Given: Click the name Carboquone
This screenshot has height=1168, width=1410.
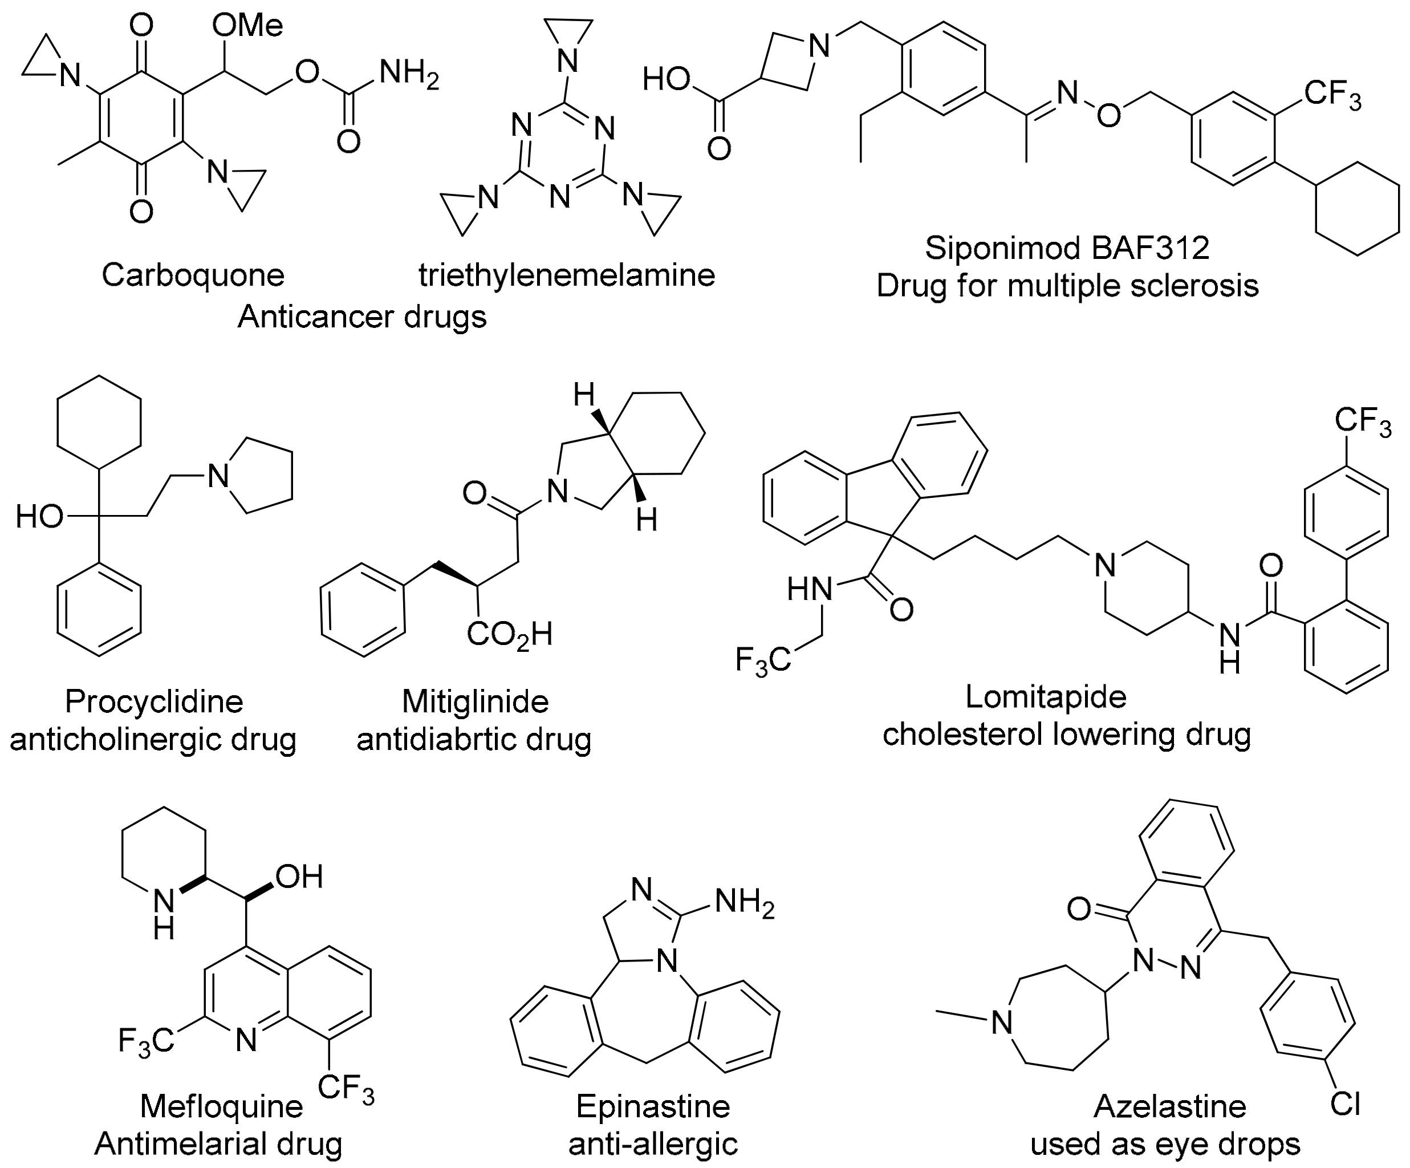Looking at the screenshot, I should coord(193,275).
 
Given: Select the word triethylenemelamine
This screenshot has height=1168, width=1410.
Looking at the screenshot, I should coord(567,275).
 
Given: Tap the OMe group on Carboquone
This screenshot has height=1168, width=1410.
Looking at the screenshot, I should coord(247,26).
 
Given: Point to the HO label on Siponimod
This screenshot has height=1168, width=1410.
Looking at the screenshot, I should coord(667,80).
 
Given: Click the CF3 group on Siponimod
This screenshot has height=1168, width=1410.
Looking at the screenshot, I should coord(1333,94).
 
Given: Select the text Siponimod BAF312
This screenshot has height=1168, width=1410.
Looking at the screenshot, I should coord(1067,247).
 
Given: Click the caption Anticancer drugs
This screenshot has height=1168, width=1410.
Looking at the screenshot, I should coord(362,317).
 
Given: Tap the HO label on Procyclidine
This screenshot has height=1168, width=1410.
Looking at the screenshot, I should coord(39,517).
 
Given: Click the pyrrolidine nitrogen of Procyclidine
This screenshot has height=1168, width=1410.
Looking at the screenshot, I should coord(218,476).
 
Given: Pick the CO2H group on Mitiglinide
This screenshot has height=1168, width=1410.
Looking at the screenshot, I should coord(510,634).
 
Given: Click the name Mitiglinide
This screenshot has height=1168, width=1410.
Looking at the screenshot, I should coord(476,702).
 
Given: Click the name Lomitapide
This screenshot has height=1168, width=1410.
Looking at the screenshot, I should coord(1046,696).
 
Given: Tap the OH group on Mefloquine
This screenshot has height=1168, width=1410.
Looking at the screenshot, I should coord(299,876).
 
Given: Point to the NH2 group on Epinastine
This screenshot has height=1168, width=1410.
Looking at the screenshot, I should coord(745,901).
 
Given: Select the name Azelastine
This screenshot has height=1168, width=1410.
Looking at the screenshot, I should coord(1169,1106).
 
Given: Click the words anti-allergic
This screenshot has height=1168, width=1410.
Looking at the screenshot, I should coord(653,1145).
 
